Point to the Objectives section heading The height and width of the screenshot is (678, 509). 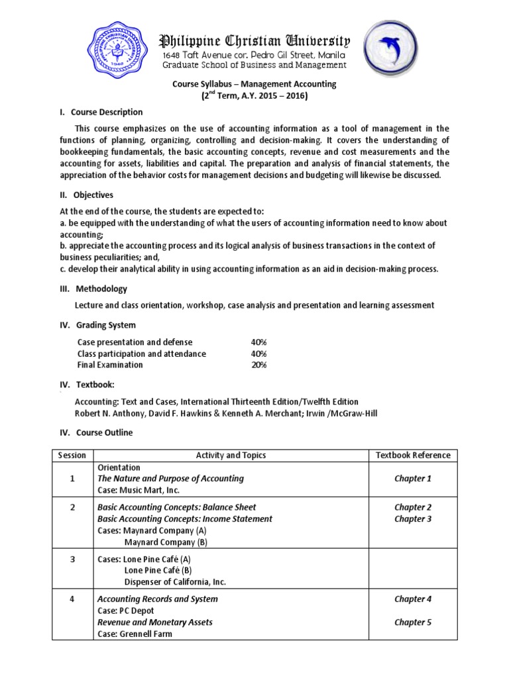pos(93,195)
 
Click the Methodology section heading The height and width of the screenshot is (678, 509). pos(100,289)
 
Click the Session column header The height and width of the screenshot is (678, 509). pos(72,455)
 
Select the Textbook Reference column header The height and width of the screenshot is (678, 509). pos(413,455)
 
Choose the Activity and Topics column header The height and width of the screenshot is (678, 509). pos(231,455)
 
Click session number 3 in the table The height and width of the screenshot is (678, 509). pos(72,559)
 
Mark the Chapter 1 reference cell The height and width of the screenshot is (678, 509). pos(413,478)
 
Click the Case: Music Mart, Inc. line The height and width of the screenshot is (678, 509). pos(139,490)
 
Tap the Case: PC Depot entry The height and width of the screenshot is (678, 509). pos(126,610)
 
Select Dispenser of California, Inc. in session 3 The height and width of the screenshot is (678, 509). pos(175,582)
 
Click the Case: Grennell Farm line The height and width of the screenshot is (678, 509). pos(135,634)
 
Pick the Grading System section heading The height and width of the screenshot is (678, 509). pos(105,325)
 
